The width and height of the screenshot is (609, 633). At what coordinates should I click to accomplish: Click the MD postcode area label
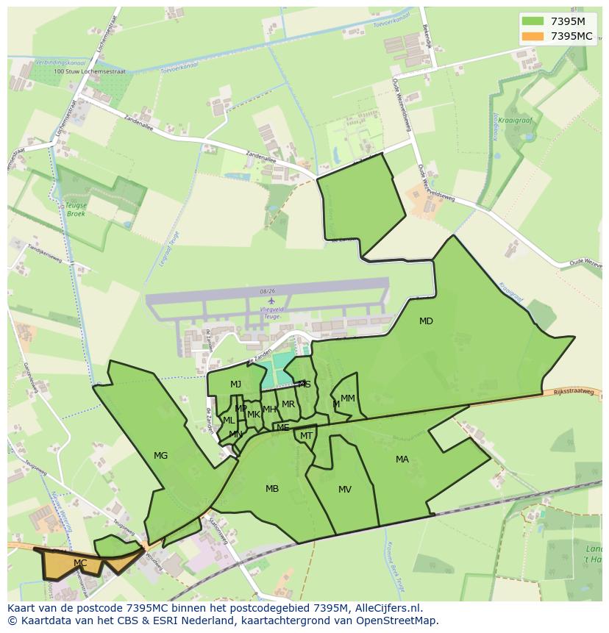point(426,321)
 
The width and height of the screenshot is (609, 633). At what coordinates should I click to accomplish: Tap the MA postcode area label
point(402,459)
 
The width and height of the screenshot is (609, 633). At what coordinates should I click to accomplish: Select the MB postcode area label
point(272,489)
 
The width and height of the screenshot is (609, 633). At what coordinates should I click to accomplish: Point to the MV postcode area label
point(345,490)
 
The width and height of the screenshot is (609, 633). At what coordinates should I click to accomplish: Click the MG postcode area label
point(160,456)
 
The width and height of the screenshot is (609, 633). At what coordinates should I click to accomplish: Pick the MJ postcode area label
point(235,385)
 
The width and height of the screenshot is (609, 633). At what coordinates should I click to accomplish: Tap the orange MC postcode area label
point(80,563)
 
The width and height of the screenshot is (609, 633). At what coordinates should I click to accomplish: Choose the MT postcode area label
point(306,436)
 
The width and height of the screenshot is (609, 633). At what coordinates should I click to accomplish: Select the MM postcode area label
point(348,398)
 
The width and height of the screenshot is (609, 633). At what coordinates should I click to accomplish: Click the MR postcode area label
point(288,404)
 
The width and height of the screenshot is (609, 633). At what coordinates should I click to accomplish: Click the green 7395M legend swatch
point(533,21)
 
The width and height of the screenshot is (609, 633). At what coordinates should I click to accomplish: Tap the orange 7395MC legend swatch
point(533,36)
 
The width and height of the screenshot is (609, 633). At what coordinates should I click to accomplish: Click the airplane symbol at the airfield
point(271,301)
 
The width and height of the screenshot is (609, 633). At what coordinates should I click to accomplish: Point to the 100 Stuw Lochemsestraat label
point(90,72)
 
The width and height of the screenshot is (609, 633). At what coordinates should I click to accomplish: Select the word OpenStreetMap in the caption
point(402,621)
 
